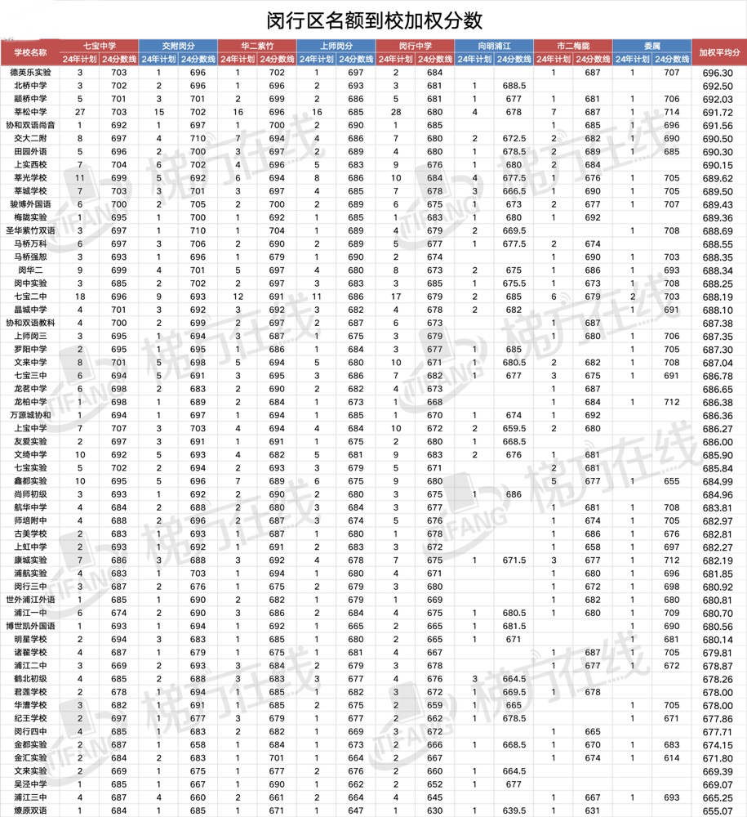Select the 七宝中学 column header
click(100, 46)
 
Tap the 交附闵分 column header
click(178, 46)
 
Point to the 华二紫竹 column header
click(257, 46)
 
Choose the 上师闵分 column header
click(336, 46)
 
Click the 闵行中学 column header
click(415, 46)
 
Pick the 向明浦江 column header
click(494, 46)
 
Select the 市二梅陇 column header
click(573, 46)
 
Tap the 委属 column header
click(651, 46)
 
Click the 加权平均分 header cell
click(719, 52)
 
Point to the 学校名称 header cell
click(30, 52)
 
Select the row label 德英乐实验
click(30, 73)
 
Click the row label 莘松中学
click(30, 112)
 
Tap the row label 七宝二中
click(30, 297)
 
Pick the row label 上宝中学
click(30, 428)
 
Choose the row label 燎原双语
click(30, 810)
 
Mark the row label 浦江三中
click(30, 797)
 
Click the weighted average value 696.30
click(717, 73)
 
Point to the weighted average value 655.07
click(717, 810)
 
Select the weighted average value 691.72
click(717, 112)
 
